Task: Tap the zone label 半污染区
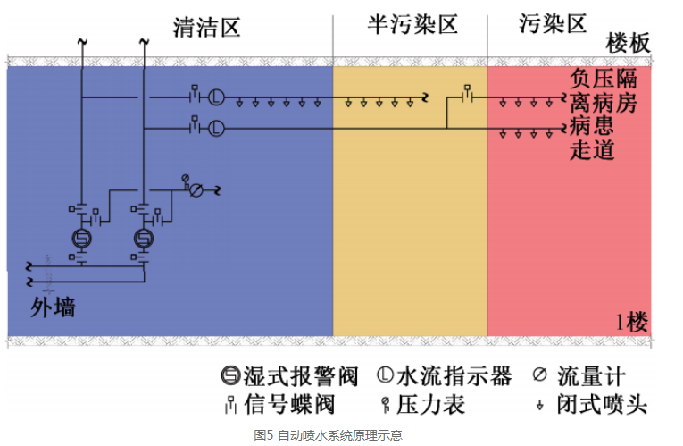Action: click(x=412, y=24)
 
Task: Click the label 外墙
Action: click(x=54, y=308)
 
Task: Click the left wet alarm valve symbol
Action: click(x=82, y=239)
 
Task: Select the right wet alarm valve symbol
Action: click(x=143, y=239)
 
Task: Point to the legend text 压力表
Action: click(x=432, y=405)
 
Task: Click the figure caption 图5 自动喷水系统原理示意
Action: click(x=327, y=435)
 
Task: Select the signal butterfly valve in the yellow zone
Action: click(x=467, y=94)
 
